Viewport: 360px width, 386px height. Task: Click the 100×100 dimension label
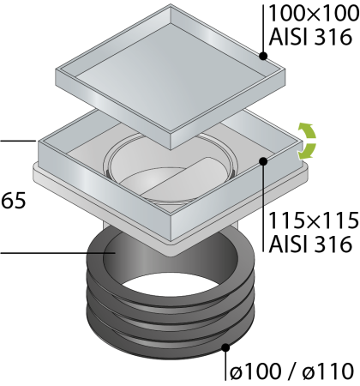tap(314, 14)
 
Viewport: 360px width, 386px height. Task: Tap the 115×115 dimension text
tap(314, 220)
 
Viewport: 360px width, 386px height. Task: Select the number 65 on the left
tap(14, 201)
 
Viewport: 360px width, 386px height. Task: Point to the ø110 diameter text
tap(328, 372)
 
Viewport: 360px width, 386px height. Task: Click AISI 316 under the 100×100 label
tap(310, 37)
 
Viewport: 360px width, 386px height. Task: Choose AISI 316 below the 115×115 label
tap(310, 244)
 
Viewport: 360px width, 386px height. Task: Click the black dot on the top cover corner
tap(263, 56)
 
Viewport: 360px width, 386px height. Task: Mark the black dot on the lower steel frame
tap(263, 161)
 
